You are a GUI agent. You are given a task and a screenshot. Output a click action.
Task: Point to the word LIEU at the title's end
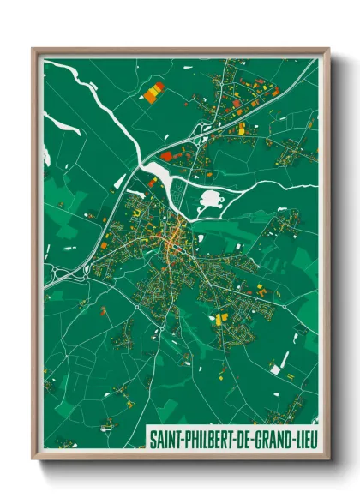(x=304, y=440)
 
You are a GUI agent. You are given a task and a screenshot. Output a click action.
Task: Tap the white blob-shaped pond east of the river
(x=209, y=202)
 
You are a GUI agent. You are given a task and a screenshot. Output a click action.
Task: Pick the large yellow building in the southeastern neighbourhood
(x=221, y=319)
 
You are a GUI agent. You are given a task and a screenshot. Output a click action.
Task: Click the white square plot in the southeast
(x=275, y=369)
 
